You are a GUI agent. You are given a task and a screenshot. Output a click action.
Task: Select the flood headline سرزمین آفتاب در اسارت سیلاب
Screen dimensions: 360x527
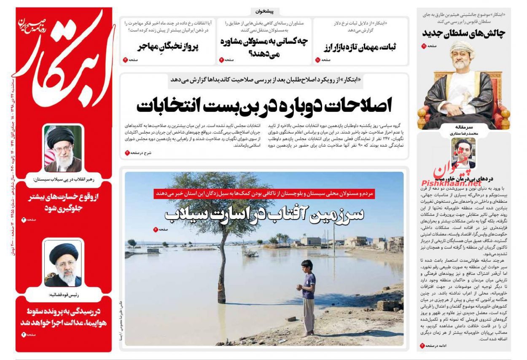point(264,215)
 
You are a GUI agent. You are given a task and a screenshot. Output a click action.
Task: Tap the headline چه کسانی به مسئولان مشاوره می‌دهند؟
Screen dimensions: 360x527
point(264,46)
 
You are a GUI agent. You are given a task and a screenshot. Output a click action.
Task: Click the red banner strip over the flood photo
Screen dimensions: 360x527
point(264,193)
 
